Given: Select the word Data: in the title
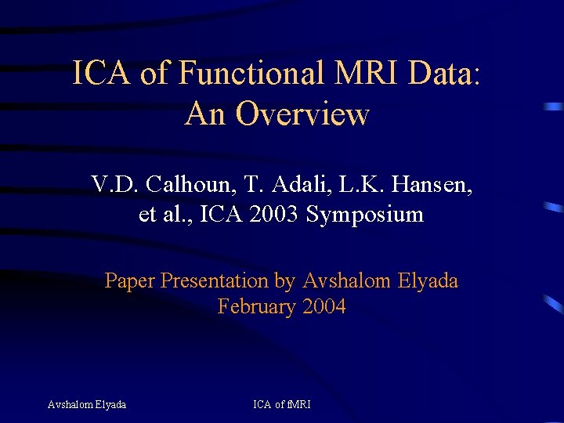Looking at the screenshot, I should (x=443, y=74).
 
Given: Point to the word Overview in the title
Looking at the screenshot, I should (x=302, y=114).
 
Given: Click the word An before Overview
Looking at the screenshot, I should (x=206, y=114).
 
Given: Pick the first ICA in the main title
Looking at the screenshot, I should (x=103, y=74).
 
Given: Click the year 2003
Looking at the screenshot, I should (x=275, y=214).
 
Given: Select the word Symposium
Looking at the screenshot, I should (x=365, y=214).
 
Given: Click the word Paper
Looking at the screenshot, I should (x=129, y=280).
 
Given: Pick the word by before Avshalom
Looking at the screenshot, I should (x=284, y=280).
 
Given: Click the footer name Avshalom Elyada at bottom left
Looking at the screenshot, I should (x=86, y=404).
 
